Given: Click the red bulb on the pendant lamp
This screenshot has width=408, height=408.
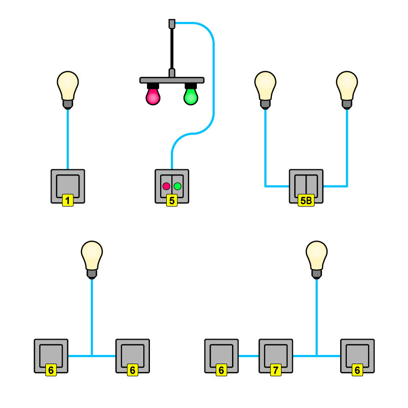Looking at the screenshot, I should (x=153, y=96).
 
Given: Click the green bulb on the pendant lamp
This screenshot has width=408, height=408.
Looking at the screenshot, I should (x=191, y=96).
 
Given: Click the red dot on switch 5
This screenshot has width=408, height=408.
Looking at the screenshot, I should (x=166, y=186).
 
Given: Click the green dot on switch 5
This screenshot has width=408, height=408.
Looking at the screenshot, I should (x=177, y=186).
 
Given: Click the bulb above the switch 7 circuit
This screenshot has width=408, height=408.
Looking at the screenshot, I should (x=317, y=257).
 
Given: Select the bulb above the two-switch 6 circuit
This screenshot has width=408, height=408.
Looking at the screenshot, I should (x=92, y=257).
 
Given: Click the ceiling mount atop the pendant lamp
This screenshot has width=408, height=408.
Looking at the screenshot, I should (x=172, y=23).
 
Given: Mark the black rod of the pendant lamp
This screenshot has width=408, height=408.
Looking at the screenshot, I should (x=172, y=48).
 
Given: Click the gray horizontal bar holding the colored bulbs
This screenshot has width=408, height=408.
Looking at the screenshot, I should (x=172, y=80).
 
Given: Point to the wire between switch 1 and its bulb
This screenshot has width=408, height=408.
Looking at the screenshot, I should (x=68, y=138).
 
